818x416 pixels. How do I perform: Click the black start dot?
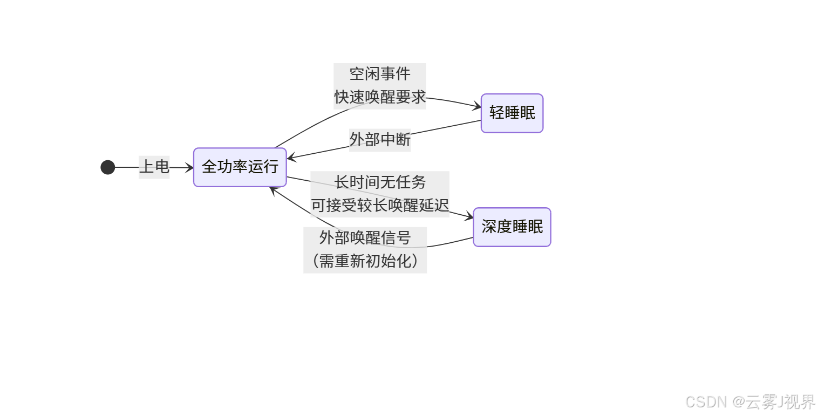tap(108, 167)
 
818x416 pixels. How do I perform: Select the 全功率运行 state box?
tap(240, 167)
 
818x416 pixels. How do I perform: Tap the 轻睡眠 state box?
tap(512, 113)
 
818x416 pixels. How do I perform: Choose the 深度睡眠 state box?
tap(512, 227)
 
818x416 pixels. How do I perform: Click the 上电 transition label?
tap(154, 167)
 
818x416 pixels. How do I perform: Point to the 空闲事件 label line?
tap(380, 74)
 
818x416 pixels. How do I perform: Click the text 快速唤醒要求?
tap(380, 98)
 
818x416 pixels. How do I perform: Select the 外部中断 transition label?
tap(380, 140)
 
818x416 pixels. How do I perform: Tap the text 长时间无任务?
tap(380, 182)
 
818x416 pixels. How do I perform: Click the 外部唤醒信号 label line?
tap(365, 238)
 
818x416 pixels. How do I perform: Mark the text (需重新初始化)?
tap(365, 262)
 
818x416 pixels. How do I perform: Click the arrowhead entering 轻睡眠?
tap(477, 107)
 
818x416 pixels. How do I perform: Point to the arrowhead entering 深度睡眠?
tap(469, 217)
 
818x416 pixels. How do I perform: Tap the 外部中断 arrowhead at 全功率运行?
tap(291, 158)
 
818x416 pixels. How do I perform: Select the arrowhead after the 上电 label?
tap(189, 168)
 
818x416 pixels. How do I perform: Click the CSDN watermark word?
tap(706, 402)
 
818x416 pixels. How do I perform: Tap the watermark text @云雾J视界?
tap(774, 402)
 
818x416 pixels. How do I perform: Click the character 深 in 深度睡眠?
tap(489, 227)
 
